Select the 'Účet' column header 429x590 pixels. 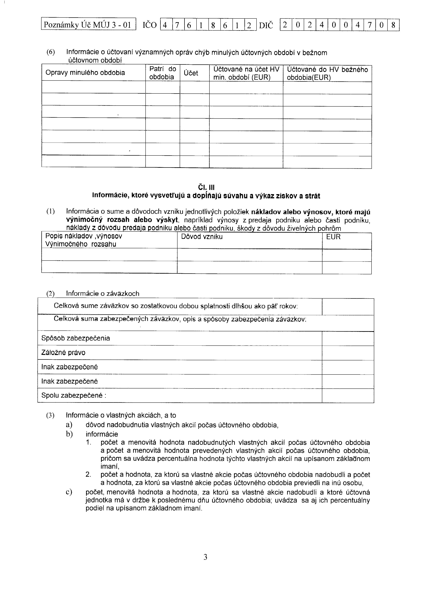pos(191,73)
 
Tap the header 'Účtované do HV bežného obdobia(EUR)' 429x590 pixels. pos(327,73)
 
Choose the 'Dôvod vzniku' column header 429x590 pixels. pos(202,237)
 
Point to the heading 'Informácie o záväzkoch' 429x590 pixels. pos(103,293)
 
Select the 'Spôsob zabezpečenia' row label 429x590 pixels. pos(75,338)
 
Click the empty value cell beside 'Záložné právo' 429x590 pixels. pos(348,353)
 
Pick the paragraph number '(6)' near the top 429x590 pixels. pos(51,52)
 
